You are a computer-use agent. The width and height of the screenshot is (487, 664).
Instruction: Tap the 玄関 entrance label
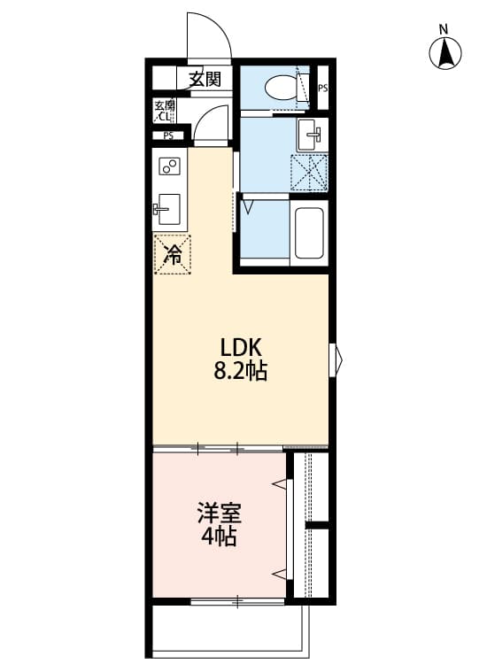(x=205, y=79)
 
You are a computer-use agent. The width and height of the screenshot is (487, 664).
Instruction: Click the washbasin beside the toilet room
(x=313, y=135)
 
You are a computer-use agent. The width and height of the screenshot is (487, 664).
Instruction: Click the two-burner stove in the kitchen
(x=169, y=166)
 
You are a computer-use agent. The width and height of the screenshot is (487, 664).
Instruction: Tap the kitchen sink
(x=167, y=211)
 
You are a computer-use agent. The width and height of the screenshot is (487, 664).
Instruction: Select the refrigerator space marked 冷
(x=173, y=255)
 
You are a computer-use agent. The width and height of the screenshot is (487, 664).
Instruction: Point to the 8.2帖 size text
(x=241, y=371)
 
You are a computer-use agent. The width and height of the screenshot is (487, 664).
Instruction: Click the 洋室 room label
(x=218, y=513)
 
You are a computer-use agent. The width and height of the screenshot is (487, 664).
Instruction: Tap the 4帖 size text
(x=218, y=537)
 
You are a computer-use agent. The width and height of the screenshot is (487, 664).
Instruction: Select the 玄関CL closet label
(x=165, y=111)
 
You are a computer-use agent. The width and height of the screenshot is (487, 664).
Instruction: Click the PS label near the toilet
(x=323, y=89)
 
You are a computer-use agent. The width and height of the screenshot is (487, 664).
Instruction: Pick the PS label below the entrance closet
(x=167, y=135)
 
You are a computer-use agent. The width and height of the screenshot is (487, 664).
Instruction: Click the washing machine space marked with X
(x=310, y=172)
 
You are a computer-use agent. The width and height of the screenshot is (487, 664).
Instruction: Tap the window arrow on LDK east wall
(x=336, y=359)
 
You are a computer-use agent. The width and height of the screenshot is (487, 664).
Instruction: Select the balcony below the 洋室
(x=228, y=630)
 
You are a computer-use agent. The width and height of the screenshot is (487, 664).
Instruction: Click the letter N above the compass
(x=444, y=29)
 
